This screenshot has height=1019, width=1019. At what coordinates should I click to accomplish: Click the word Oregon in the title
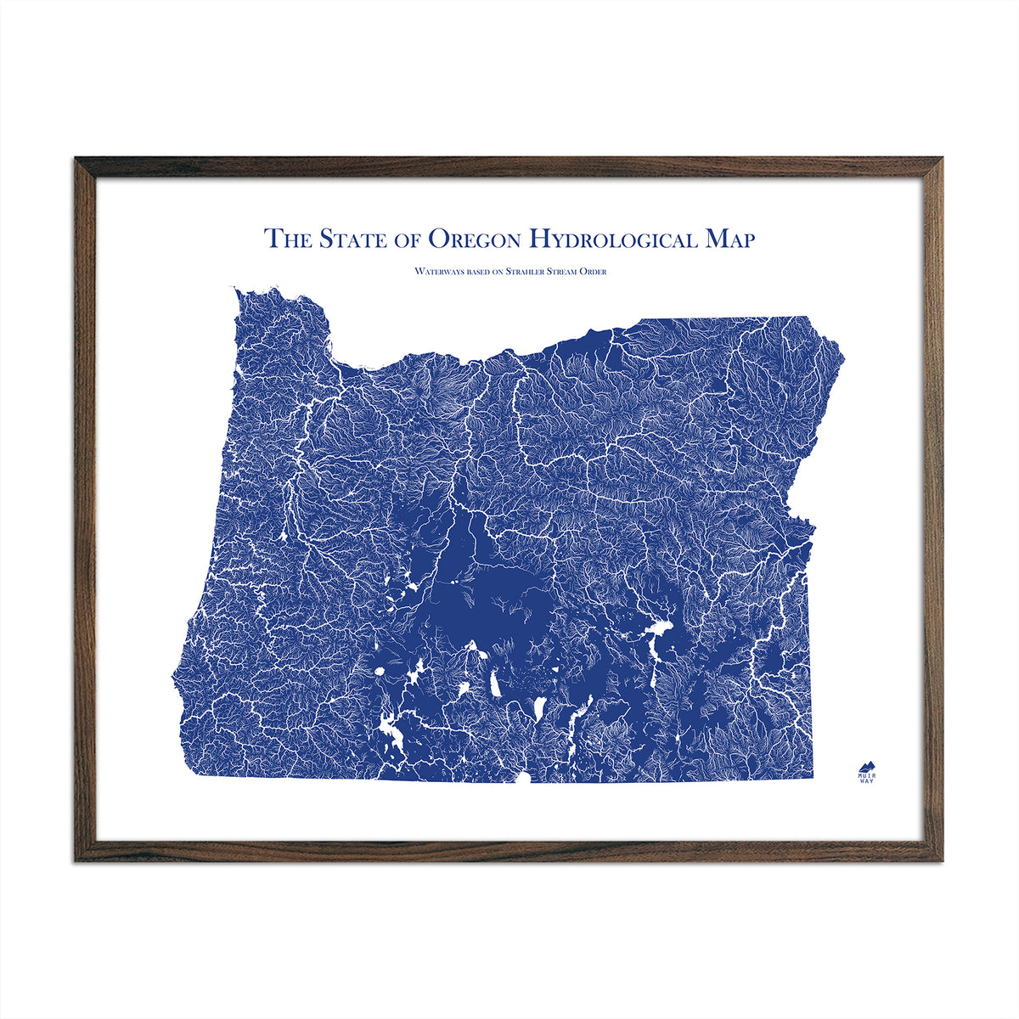(474, 239)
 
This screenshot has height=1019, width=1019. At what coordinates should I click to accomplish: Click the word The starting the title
(288, 239)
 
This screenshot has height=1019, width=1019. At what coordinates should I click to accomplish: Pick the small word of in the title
(408, 240)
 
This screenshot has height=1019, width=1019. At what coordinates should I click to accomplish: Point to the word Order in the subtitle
(593, 272)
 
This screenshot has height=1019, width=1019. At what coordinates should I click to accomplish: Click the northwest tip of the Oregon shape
(236, 290)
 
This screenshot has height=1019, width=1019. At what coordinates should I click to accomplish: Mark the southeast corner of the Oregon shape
(813, 777)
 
